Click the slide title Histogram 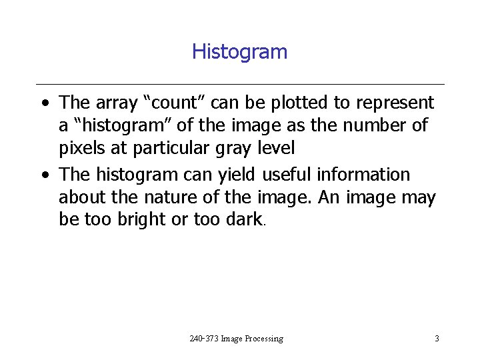tap(239, 51)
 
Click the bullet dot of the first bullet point tap(43, 104)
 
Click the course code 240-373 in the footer tap(204, 339)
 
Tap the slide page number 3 tap(437, 339)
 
